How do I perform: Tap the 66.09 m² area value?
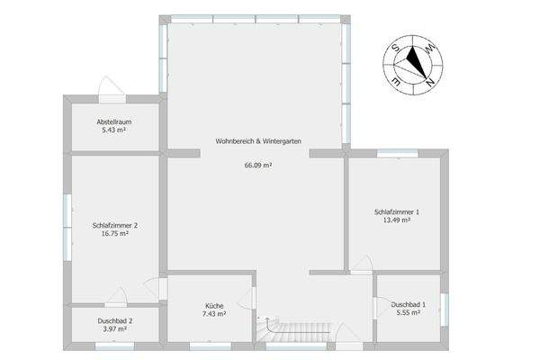[x=257, y=165]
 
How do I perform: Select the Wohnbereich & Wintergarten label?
[x=257, y=141]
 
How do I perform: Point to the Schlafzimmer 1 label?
[x=397, y=211]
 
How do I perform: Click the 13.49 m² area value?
[x=397, y=220]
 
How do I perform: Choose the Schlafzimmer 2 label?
[x=115, y=225]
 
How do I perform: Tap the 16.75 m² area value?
[x=115, y=233]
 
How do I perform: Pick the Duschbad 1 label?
[x=409, y=304]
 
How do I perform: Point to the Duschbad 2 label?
[x=115, y=321]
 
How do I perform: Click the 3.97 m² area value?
[x=115, y=329]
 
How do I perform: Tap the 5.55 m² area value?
[x=409, y=312]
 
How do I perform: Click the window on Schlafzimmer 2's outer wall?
[x=66, y=229]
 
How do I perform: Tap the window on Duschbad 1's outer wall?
[x=443, y=307]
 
